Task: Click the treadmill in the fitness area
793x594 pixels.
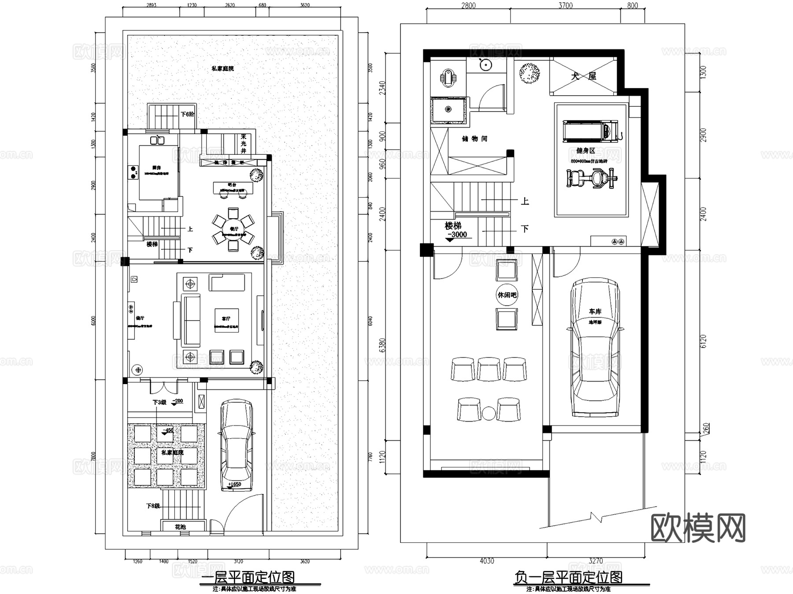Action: pyautogui.click(x=590, y=131)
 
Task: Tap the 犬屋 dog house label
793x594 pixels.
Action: pyautogui.click(x=583, y=76)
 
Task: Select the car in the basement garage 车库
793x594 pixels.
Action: pyautogui.click(x=595, y=347)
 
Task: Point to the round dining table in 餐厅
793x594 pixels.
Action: pyautogui.click(x=233, y=228)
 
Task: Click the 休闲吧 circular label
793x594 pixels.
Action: pyautogui.click(x=507, y=295)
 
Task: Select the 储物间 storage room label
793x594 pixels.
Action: pyautogui.click(x=474, y=138)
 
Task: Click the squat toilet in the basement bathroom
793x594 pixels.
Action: pyautogui.click(x=448, y=78)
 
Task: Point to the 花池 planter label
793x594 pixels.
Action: pyautogui.click(x=180, y=527)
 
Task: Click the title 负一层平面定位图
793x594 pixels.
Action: pyautogui.click(x=568, y=577)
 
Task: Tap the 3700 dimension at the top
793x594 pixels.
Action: pyautogui.click(x=565, y=6)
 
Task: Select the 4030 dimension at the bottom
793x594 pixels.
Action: pyautogui.click(x=486, y=561)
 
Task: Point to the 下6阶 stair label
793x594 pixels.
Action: pyautogui.click(x=187, y=114)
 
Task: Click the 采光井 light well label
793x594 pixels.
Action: pyautogui.click(x=244, y=144)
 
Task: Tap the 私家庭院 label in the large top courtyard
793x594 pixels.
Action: pyautogui.click(x=222, y=68)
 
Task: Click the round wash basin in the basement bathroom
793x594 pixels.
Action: pyautogui.click(x=485, y=65)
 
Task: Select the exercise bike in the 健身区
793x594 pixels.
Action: pyautogui.click(x=591, y=179)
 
